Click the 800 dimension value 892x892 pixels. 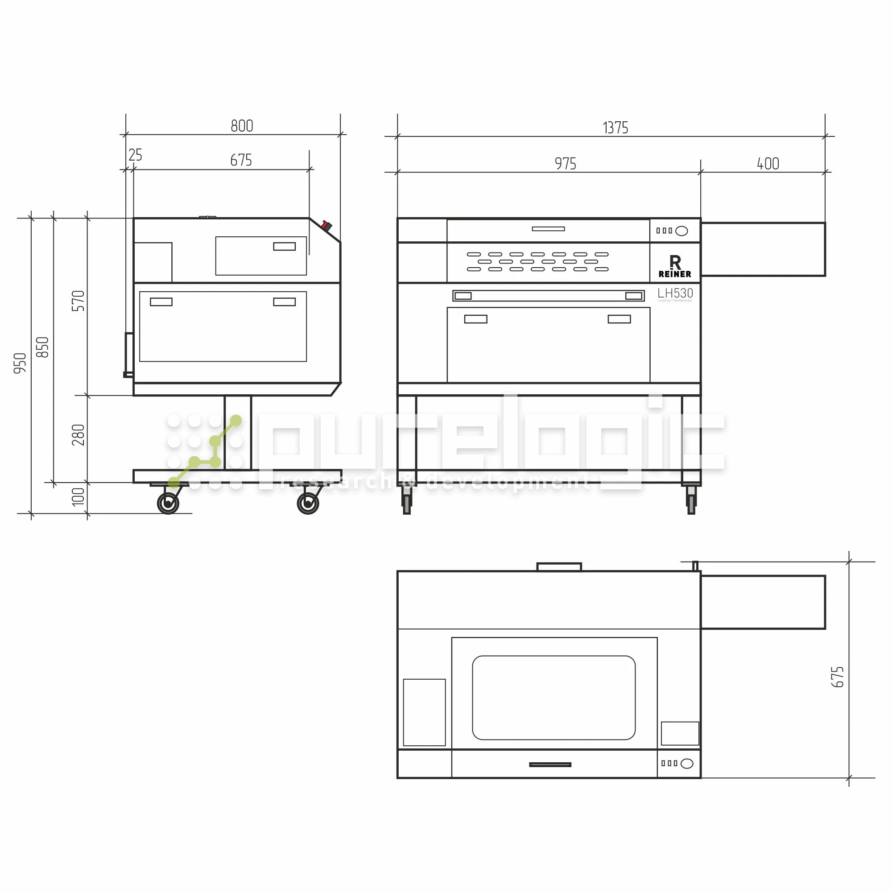[242, 126]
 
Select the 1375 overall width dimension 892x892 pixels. [615, 128]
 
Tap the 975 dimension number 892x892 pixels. [565, 163]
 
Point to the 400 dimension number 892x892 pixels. [768, 163]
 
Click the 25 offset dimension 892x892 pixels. [135, 155]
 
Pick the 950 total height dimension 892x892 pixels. [21, 363]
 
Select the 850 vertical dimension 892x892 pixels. [42, 347]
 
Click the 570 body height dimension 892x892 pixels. [78, 301]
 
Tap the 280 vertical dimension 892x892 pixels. [78, 434]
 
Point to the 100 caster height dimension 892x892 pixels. [78, 497]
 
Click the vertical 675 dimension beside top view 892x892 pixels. [837, 677]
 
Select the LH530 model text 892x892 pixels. [675, 293]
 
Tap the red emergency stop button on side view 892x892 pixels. [326, 226]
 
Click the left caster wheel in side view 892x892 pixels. [168, 503]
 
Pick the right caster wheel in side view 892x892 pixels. [307, 503]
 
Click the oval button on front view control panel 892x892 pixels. [681, 231]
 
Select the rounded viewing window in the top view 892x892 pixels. [553, 697]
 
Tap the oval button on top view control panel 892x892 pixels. [686, 764]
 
